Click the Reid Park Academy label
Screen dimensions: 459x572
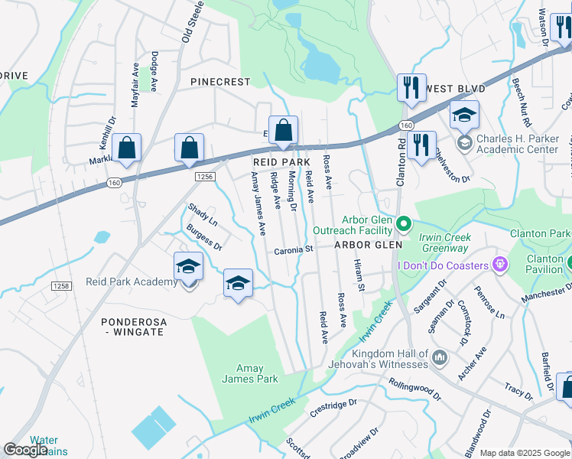tap(132, 282)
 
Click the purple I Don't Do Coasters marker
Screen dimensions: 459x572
tap(500, 265)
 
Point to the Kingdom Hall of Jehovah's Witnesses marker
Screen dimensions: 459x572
tap(439, 357)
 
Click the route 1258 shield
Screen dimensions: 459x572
tap(61, 285)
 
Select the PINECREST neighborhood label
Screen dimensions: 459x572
tap(220, 82)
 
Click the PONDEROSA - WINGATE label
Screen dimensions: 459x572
tap(133, 327)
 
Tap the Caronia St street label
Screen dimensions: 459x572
tap(294, 249)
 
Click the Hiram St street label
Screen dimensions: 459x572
tap(359, 275)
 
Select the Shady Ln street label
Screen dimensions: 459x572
tap(203, 215)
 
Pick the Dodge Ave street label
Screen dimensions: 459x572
tap(154, 72)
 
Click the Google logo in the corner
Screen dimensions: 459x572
tap(25, 450)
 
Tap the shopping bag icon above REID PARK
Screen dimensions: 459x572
tap(282, 130)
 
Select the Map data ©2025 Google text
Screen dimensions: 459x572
tap(525, 453)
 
